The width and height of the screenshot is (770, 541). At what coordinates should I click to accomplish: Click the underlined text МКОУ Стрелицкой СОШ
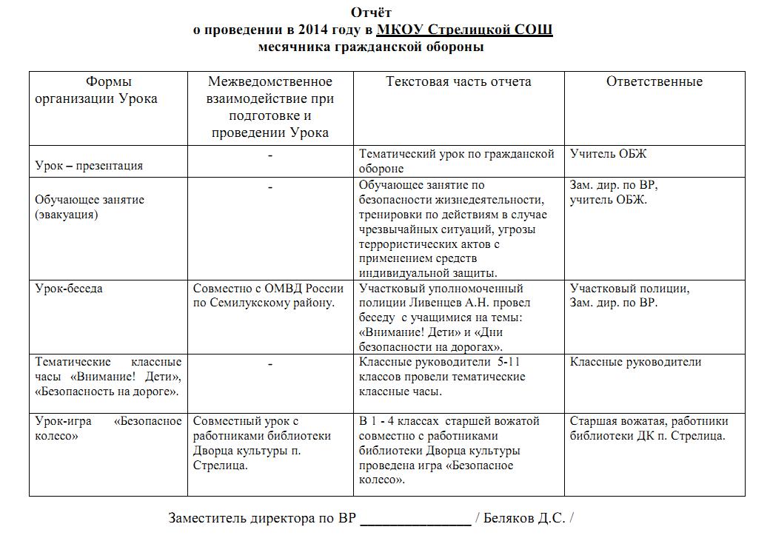click(x=464, y=30)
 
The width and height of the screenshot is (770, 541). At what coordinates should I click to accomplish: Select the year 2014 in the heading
click(x=316, y=30)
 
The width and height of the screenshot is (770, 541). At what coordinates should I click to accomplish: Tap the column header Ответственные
click(x=654, y=81)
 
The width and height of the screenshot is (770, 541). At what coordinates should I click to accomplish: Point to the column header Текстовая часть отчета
click(x=458, y=81)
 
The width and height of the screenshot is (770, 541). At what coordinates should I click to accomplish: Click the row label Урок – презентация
click(x=89, y=166)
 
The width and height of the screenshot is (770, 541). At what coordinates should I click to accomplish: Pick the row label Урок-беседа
click(x=69, y=289)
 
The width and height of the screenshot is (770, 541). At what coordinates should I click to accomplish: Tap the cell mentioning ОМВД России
click(x=269, y=295)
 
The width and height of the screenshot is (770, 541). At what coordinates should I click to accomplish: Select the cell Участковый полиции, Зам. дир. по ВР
click(x=629, y=295)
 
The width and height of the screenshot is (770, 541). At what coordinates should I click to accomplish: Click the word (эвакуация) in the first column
click(x=67, y=215)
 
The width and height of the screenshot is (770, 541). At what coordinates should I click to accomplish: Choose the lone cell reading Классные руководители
click(x=635, y=362)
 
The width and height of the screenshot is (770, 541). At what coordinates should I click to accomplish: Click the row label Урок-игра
click(x=64, y=421)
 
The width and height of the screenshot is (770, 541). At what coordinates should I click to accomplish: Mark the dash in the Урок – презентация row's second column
click(x=270, y=155)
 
